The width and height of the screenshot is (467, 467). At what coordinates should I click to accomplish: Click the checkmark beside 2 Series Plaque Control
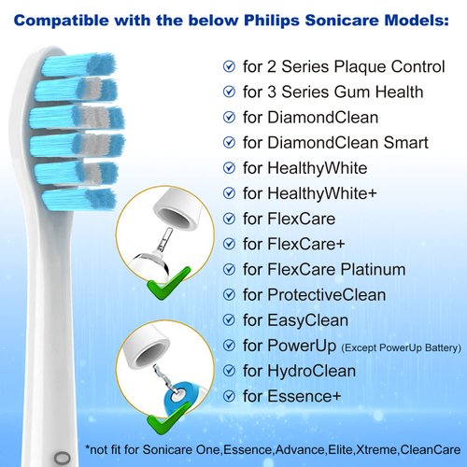pos(229,66)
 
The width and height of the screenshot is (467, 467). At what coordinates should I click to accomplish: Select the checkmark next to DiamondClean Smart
pos(229,143)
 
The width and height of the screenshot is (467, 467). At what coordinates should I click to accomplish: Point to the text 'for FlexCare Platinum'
pos(323,270)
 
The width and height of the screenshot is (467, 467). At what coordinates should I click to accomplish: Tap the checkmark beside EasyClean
pos(229,320)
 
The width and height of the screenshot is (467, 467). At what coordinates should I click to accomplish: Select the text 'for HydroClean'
pos(298,371)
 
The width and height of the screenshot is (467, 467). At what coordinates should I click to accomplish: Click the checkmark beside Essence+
pos(229,396)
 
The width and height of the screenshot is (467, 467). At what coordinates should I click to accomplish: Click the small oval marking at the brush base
pos(64,457)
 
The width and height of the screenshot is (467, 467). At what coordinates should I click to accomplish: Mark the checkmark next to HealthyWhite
pos(229,168)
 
